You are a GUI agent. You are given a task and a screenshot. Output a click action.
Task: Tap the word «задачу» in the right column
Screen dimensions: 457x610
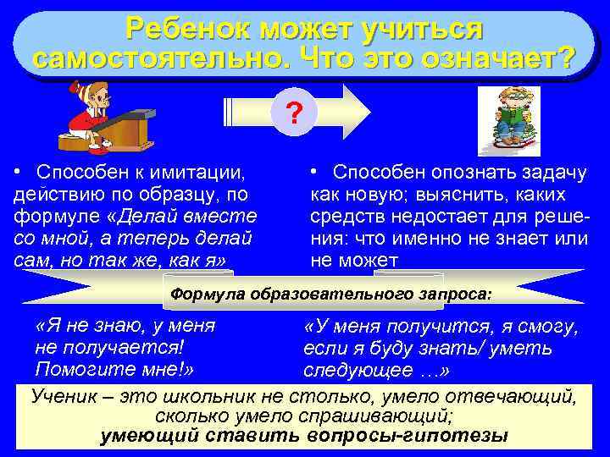(556, 173)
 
